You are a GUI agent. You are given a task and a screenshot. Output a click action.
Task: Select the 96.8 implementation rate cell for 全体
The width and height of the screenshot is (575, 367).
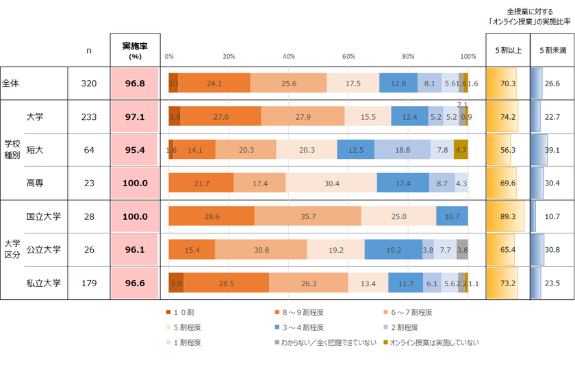pyautogui.click(x=135, y=84)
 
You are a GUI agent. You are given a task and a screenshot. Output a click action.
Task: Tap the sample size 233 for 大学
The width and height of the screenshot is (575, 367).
pyautogui.click(x=89, y=117)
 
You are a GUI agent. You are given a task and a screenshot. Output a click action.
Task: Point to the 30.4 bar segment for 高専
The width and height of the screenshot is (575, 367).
pyautogui.click(x=331, y=183)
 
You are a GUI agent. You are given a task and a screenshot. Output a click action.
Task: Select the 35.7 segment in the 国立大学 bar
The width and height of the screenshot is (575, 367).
pyautogui.click(x=307, y=216)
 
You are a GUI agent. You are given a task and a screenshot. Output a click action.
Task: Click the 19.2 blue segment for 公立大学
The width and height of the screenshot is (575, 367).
pyautogui.click(x=393, y=250)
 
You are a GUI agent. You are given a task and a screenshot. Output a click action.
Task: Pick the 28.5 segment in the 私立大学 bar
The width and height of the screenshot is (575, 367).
pyautogui.click(x=226, y=283)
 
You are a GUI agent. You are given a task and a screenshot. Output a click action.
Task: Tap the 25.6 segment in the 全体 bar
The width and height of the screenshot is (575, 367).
pyautogui.click(x=288, y=84)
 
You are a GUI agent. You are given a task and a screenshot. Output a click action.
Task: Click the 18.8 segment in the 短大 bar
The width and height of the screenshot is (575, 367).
pyautogui.click(x=402, y=150)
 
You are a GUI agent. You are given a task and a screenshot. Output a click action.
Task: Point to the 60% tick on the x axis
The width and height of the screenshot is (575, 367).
pyautogui.click(x=348, y=57)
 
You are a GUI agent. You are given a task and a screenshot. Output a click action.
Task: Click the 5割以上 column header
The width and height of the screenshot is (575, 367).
pyautogui.click(x=507, y=51)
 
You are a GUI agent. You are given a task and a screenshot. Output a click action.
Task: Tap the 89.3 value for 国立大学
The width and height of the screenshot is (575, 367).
pyautogui.click(x=507, y=216)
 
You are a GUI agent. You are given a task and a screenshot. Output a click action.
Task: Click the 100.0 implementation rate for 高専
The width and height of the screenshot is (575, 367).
pyautogui.click(x=135, y=183)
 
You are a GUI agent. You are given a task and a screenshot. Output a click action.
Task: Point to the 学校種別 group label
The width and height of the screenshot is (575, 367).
pyautogui.click(x=12, y=150)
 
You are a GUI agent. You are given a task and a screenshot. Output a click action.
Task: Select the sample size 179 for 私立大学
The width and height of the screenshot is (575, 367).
pyautogui.click(x=89, y=283)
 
